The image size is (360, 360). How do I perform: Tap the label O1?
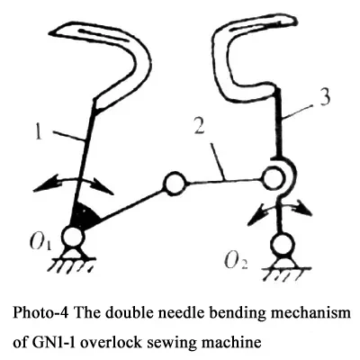pyautogui.click(x=40, y=242)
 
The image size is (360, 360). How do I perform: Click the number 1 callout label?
pyautogui.click(x=38, y=132)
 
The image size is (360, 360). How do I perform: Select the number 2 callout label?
pyautogui.click(x=199, y=126)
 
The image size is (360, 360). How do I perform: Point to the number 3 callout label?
pyautogui.click(x=325, y=97)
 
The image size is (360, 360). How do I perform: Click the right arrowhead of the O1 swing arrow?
pyautogui.click(x=103, y=186)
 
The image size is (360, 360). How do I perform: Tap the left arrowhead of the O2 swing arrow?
pyautogui.click(x=256, y=215)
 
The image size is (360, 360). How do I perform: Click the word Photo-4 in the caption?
pyautogui.click(x=40, y=313)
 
